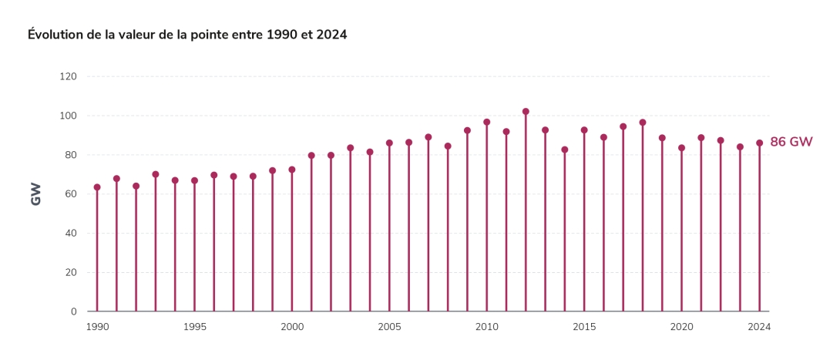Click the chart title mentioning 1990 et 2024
click(x=187, y=35)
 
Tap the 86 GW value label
click(x=791, y=142)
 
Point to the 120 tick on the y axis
click(x=69, y=76)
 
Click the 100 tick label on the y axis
click(x=69, y=116)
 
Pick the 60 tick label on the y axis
click(x=72, y=194)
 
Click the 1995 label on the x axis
click(x=194, y=326)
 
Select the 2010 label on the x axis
click(x=486, y=326)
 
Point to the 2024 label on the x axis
click(x=759, y=326)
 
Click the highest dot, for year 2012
click(x=526, y=112)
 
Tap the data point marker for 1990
click(x=97, y=187)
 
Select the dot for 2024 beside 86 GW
click(x=759, y=143)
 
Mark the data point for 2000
click(x=292, y=170)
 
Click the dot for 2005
click(x=389, y=143)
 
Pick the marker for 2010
click(x=486, y=122)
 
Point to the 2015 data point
click(x=584, y=130)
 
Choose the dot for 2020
click(x=681, y=148)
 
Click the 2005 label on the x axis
click(x=389, y=326)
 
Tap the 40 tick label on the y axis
click(x=72, y=233)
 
